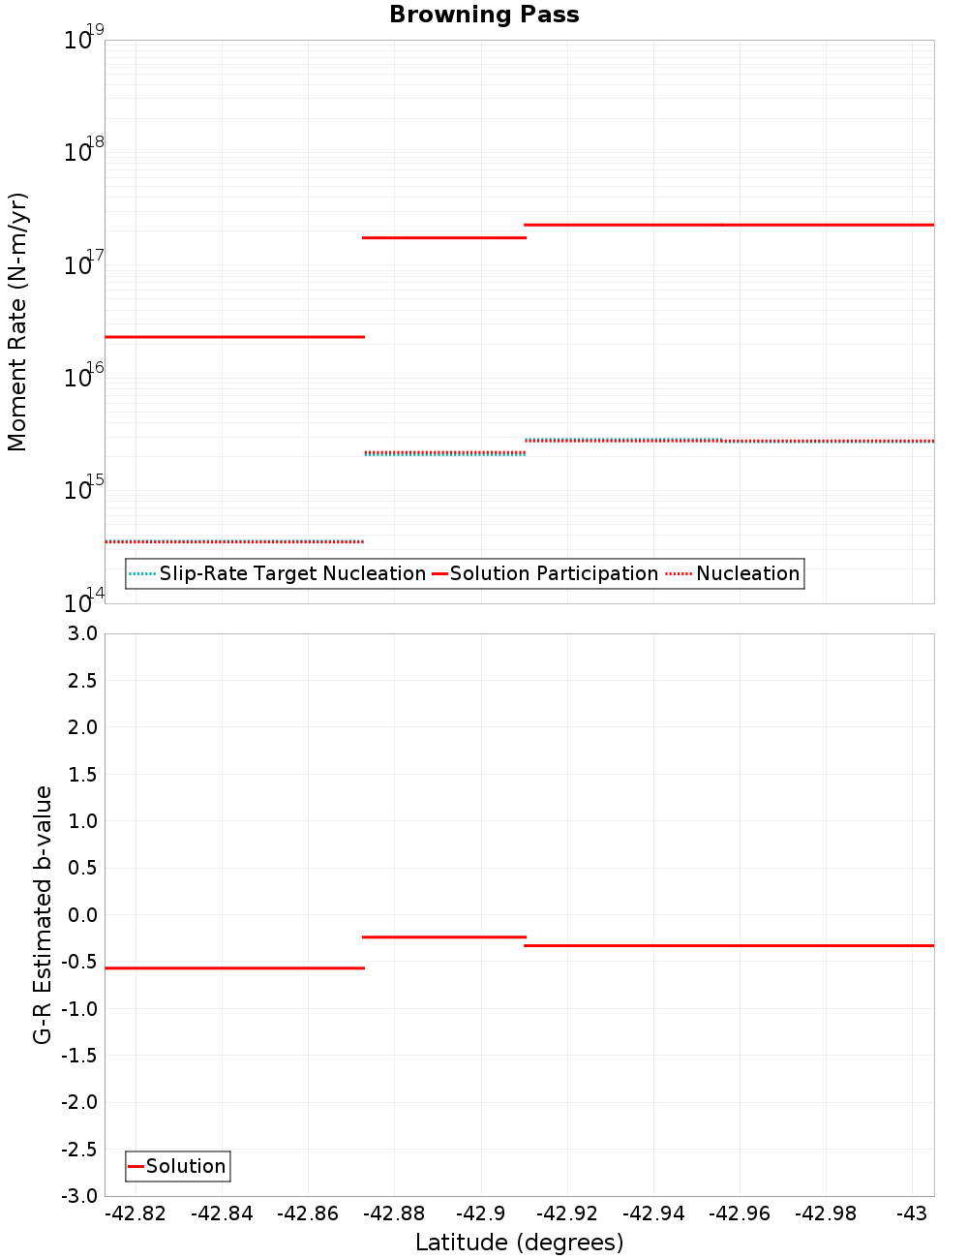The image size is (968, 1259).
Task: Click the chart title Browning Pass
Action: click(x=484, y=15)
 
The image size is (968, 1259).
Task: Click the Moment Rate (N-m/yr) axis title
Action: click(x=17, y=322)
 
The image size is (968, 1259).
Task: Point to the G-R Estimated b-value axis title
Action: click(x=43, y=914)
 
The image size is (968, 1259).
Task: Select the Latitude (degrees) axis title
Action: click(x=519, y=1243)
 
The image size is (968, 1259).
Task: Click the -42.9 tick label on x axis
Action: click(x=480, y=1213)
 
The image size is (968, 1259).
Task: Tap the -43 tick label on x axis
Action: click(x=911, y=1213)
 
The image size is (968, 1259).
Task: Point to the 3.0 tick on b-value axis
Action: click(x=81, y=633)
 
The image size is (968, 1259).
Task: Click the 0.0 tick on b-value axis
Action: click(x=81, y=915)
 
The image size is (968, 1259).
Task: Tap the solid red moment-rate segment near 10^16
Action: click(x=234, y=337)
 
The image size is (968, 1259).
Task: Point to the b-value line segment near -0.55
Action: click(x=234, y=968)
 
